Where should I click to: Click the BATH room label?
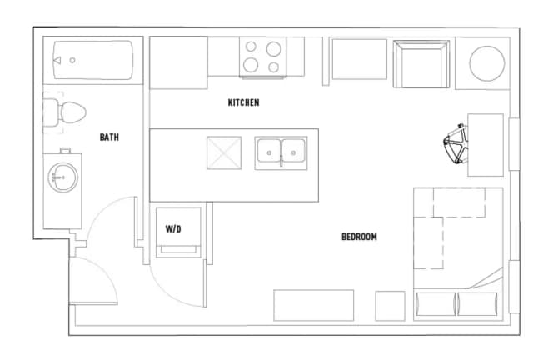point(109,137)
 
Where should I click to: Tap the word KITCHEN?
point(243,102)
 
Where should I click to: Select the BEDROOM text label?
point(359,237)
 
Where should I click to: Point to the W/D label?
point(173,229)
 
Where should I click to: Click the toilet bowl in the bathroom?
point(72,112)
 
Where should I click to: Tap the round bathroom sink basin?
point(63,177)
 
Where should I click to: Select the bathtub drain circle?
point(72,60)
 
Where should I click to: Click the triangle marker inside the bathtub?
point(57,60)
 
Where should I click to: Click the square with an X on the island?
point(224,152)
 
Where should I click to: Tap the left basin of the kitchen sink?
point(269,151)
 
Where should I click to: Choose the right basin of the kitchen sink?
point(293,151)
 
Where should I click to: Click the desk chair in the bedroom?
point(456,144)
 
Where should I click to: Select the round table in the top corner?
point(486,63)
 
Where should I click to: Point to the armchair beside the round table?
point(421,64)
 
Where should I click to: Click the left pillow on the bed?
point(436,304)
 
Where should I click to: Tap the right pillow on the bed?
point(477,304)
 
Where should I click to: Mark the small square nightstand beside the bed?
point(390,306)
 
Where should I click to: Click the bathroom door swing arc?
point(101,208)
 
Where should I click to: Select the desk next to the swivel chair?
point(486,145)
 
